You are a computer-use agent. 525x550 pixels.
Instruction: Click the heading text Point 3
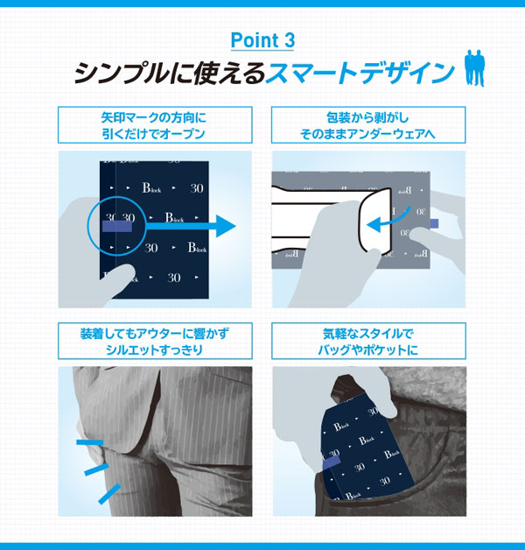point(262,40)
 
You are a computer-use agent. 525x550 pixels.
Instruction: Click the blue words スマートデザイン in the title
point(360,73)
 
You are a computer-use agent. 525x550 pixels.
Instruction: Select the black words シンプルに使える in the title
point(169,73)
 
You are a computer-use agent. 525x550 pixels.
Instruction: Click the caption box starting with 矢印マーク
point(155,125)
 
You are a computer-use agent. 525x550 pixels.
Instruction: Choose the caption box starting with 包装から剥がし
point(368,125)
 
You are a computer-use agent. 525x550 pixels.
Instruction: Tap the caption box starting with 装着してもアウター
point(155,341)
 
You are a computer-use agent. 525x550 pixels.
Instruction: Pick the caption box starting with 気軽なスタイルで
point(368,341)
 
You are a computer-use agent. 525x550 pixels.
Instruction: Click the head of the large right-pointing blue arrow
point(226,226)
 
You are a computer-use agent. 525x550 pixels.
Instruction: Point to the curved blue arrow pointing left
point(388,221)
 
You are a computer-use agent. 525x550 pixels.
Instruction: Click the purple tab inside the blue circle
point(117,226)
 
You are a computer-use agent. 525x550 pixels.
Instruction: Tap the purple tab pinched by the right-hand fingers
point(434,223)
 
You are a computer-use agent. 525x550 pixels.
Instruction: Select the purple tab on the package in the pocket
point(331,462)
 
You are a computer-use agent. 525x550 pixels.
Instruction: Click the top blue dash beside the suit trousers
point(90,442)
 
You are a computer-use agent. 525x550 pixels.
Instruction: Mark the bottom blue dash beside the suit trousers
point(109,494)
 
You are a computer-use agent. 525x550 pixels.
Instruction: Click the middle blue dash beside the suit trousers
point(97,469)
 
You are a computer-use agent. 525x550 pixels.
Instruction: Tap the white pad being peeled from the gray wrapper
point(332,217)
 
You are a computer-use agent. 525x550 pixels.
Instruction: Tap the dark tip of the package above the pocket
point(346,390)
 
